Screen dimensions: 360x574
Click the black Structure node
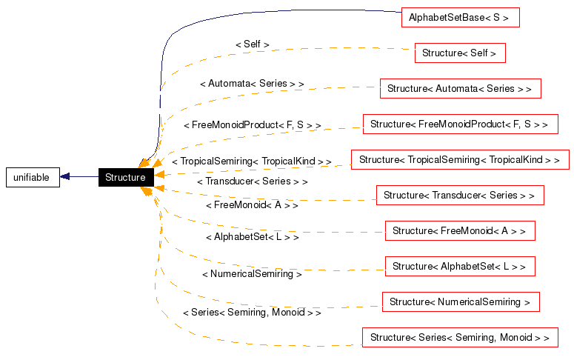coord(125,177)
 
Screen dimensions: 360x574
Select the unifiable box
coord(32,177)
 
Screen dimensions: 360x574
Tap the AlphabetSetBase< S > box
coord(458,17)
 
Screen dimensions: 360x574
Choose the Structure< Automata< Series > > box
coord(459,88)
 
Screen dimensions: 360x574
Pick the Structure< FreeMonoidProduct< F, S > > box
coord(459,124)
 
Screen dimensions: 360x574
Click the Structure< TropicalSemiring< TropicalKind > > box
coord(459,159)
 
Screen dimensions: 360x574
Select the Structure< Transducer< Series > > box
coord(459,195)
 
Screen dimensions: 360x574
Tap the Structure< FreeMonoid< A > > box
coord(459,230)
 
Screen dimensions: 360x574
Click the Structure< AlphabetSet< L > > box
coord(459,266)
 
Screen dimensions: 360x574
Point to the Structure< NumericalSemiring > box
coord(459,301)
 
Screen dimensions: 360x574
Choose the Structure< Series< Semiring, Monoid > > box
coord(459,337)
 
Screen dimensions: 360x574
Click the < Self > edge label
coord(252,44)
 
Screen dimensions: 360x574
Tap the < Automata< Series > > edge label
coord(252,84)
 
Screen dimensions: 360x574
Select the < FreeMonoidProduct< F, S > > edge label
coord(252,125)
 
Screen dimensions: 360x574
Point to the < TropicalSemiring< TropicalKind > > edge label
coord(251,161)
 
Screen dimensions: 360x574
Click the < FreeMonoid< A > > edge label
coord(252,204)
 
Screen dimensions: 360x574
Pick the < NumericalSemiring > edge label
coord(252,273)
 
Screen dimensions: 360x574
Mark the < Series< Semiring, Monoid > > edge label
coord(252,313)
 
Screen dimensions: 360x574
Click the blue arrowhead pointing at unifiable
coord(65,177)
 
